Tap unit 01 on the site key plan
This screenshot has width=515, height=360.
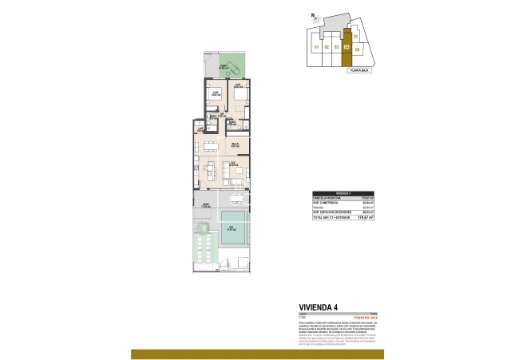tap(317, 47)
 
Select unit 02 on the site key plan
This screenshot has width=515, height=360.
tap(327, 47)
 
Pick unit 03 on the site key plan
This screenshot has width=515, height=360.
tap(337, 47)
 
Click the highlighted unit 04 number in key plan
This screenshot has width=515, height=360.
tap(347, 46)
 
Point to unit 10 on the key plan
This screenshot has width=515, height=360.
tap(355, 37)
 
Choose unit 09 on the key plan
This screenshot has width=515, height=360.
tap(358, 50)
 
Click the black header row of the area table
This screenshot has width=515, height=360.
tap(345, 193)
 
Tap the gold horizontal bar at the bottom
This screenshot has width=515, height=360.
tap(257, 354)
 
